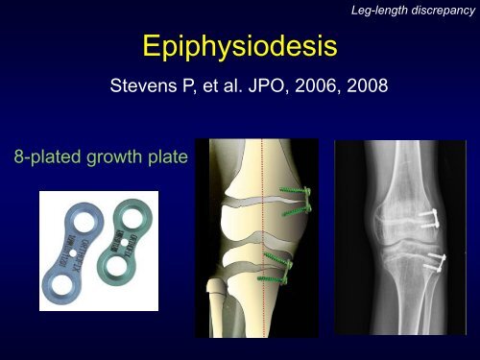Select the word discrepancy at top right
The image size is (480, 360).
439,10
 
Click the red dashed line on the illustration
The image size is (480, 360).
260,240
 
